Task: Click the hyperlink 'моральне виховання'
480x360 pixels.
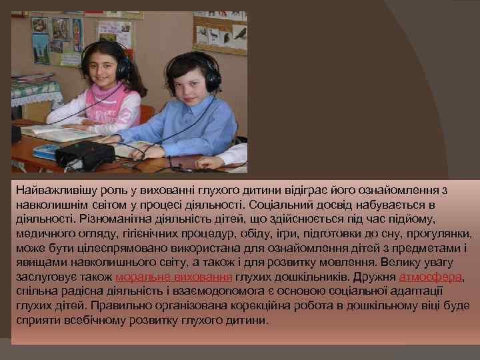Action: click(x=173, y=277)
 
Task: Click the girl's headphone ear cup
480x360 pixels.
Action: click(x=123, y=67)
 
